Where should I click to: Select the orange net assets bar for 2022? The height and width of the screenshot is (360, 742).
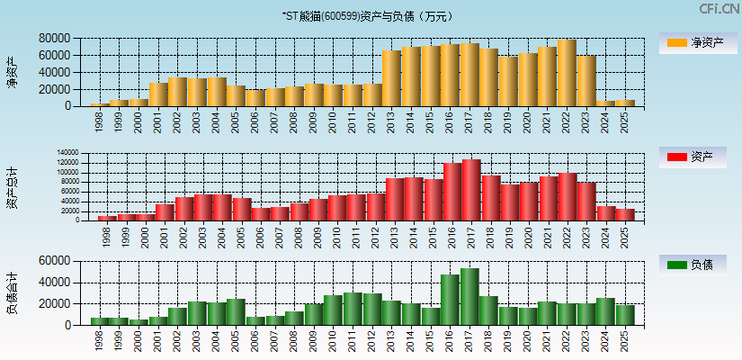tap(567, 73)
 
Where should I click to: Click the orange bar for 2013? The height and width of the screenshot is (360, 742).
tap(391, 78)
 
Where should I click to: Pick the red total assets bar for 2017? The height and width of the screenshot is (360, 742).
tap(471, 190)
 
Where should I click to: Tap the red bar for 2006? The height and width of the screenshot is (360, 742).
tap(261, 214)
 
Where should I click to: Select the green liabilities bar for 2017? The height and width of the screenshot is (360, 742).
tap(469, 296)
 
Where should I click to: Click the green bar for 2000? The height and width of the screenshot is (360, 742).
tap(139, 321)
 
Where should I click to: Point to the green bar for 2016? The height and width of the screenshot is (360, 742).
tap(450, 300)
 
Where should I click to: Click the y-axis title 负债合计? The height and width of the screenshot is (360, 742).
tap(13, 292)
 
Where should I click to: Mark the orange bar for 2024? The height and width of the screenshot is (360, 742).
tap(605, 103)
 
